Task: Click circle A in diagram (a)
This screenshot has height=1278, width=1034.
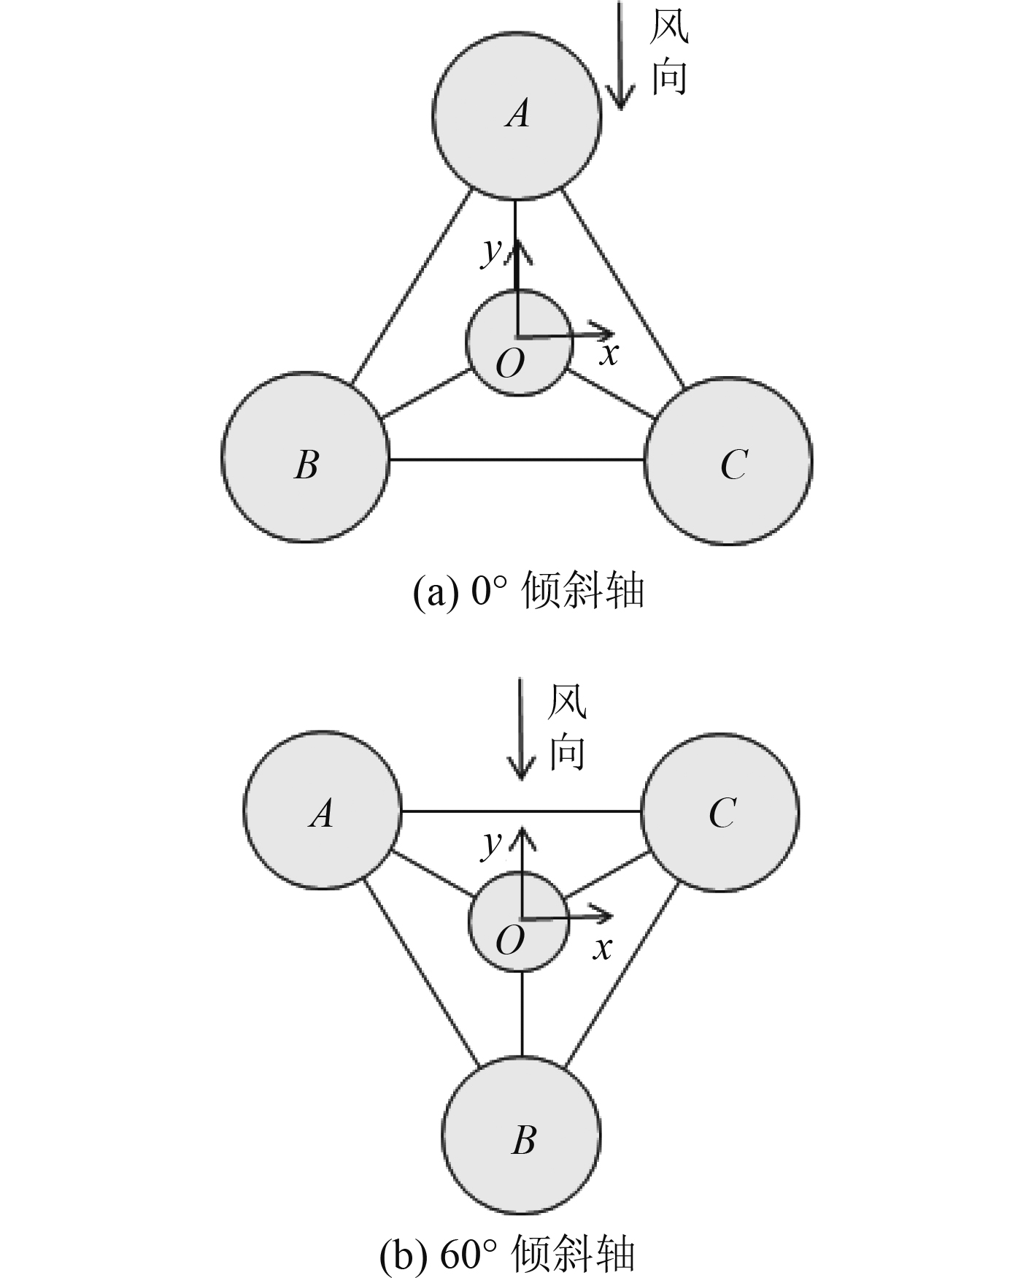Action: [x=517, y=115]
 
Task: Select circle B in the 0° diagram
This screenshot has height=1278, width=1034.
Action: [x=305, y=458]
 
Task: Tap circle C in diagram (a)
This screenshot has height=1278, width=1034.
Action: [x=728, y=461]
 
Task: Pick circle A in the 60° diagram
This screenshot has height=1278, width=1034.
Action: [x=322, y=810]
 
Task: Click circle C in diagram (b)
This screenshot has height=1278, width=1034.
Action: [x=720, y=812]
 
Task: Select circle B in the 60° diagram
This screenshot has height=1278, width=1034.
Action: [x=522, y=1136]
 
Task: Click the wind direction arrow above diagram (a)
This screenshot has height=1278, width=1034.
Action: [x=620, y=55]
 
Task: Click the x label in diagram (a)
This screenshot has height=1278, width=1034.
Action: [x=609, y=354]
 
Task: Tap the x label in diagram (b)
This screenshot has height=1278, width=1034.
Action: [x=602, y=948]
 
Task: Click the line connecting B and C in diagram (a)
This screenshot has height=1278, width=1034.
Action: [x=517, y=460]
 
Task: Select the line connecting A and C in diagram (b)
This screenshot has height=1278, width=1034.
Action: [x=521, y=811]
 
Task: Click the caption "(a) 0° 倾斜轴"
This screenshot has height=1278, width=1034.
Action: [x=528, y=591]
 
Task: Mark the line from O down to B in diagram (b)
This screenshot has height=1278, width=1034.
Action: [x=522, y=1014]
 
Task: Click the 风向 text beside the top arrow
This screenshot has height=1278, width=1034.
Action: [x=669, y=53]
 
